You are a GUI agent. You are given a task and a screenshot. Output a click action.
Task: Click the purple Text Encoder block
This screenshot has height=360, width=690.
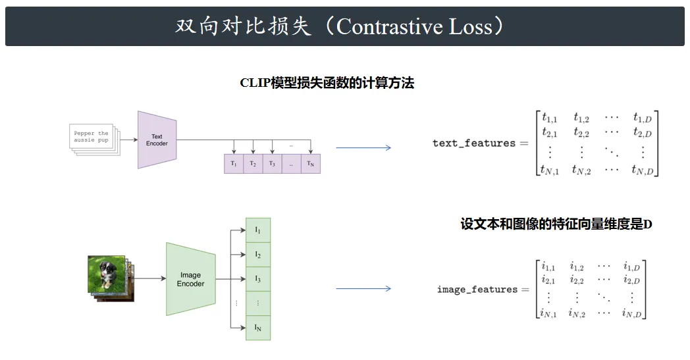[x=157, y=140]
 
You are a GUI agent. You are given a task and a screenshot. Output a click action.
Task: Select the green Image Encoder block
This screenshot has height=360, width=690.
[x=190, y=279]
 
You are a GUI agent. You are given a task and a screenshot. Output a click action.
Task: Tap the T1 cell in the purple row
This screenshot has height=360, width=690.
[x=234, y=164]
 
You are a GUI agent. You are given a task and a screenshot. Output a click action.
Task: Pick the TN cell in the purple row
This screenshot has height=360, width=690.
[x=311, y=164]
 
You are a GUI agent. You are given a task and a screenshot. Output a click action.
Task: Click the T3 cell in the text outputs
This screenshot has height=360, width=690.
[x=272, y=164]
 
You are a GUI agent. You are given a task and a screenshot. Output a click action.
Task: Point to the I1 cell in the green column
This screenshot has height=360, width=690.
[x=258, y=230]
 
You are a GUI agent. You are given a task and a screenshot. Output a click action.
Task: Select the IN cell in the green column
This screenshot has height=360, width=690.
[x=258, y=328]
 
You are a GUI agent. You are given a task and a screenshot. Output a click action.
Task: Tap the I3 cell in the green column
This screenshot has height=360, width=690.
[x=258, y=279]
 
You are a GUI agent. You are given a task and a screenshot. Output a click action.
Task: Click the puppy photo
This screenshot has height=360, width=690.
[x=107, y=274]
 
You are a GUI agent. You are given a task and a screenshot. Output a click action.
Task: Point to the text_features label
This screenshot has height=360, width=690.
[x=474, y=143]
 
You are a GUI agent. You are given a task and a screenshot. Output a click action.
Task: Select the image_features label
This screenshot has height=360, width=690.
[x=477, y=289]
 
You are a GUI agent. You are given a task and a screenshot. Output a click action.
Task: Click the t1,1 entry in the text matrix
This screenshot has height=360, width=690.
[x=549, y=118]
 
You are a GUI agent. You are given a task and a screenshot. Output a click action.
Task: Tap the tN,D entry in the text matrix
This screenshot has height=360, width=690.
[x=643, y=170]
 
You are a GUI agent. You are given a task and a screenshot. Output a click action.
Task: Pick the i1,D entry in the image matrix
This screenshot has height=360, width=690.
[x=631, y=267]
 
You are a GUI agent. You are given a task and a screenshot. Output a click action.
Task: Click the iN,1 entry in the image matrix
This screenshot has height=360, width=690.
[x=548, y=313]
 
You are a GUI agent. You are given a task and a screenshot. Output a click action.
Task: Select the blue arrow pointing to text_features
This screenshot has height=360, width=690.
[x=363, y=148]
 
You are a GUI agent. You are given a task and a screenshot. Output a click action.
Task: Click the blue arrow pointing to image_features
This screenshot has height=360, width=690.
[x=363, y=289]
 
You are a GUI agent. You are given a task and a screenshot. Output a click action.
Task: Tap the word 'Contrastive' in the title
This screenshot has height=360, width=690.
[x=390, y=26]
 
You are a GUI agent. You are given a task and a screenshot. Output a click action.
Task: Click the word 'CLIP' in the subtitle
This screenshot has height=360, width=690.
[x=255, y=83]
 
